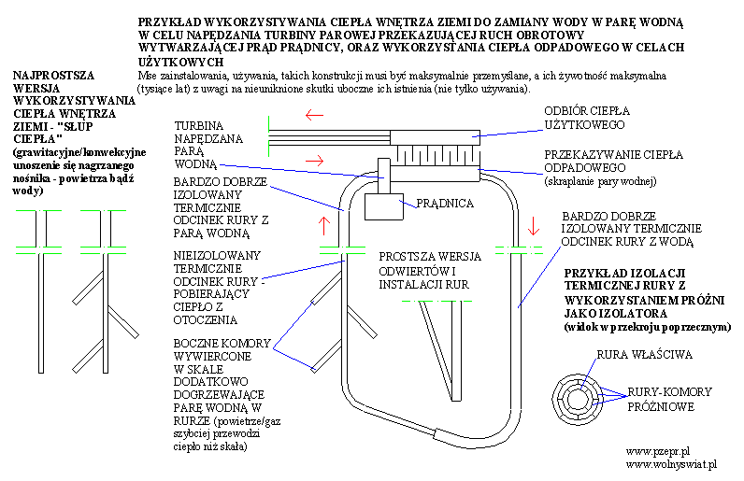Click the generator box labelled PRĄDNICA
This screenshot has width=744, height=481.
point(384,206)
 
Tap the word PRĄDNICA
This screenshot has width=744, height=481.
point(445,204)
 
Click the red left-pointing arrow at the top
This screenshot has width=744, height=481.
point(314,115)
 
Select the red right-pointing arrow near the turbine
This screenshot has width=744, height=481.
point(314,161)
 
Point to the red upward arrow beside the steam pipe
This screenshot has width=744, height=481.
point(324,226)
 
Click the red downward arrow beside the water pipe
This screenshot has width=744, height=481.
point(534,226)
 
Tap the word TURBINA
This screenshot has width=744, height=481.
point(199,126)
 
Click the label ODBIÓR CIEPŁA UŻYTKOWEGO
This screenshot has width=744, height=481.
point(587,118)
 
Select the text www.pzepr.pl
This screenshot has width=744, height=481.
point(658,451)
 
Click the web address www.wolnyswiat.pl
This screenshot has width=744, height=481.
point(671,464)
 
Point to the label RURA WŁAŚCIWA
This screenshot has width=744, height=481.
point(644,354)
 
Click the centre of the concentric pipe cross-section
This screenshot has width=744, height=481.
point(578,399)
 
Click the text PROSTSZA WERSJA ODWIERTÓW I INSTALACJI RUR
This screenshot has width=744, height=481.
point(430,270)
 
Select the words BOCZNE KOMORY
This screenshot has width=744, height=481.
point(222,343)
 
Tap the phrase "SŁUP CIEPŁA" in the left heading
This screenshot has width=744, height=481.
point(53,133)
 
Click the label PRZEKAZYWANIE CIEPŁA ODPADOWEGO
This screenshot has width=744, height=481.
point(613,162)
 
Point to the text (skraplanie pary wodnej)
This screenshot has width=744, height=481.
point(600,181)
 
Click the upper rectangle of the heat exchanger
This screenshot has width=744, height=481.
point(436,137)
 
